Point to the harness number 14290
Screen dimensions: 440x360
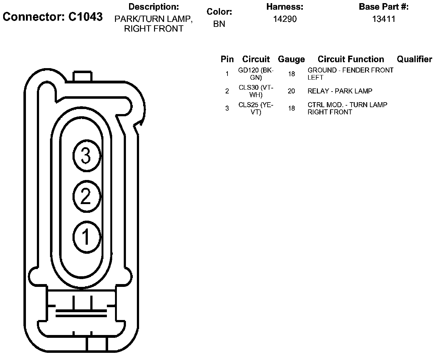point(285,19)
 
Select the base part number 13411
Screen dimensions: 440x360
point(384,19)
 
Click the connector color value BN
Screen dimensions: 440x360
point(219,24)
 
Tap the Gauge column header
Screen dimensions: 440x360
point(291,59)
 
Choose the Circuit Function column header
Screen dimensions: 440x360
point(351,59)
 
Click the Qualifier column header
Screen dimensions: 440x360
point(414,59)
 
